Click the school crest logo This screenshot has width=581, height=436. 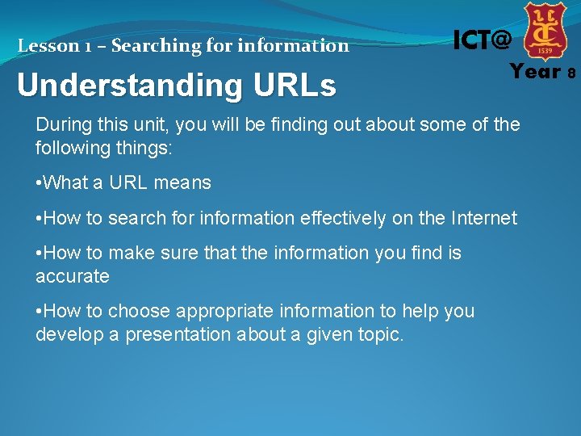pyautogui.click(x=545, y=31)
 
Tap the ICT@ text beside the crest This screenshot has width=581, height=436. pyautogui.click(x=482, y=40)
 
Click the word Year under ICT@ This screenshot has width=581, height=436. pyautogui.click(x=535, y=73)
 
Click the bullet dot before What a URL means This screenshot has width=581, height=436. pyautogui.click(x=39, y=183)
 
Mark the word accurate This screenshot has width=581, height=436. pyautogui.click(x=73, y=276)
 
